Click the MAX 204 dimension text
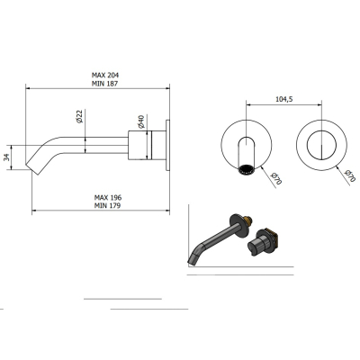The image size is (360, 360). [105, 75]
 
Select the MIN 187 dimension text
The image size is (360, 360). [104, 84]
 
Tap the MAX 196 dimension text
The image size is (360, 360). [108, 197]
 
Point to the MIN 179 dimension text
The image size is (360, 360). [107, 205]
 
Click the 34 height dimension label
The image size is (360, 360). [7, 157]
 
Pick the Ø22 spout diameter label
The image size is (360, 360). [79, 117]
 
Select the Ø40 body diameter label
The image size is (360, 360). [141, 121]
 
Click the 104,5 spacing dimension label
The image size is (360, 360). [284, 99]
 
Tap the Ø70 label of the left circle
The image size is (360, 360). [276, 178]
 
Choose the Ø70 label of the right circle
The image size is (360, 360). [350, 175]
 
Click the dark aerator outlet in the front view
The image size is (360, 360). [247, 169]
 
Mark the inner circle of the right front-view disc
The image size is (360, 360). [321, 145]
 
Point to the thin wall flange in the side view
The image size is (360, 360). [167, 145]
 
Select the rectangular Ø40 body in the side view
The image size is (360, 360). [140, 145]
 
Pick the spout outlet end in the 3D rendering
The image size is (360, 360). [193, 258]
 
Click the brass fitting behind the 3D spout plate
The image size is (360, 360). [248, 220]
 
